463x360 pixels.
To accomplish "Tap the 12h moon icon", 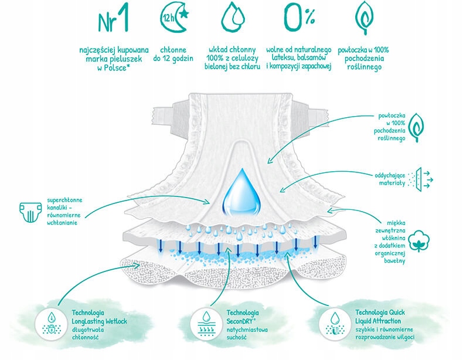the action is (x=174, y=19).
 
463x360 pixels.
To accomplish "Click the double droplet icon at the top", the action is (x=233, y=18).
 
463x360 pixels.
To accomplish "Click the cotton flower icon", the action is (x=418, y=241).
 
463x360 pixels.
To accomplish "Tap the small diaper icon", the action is (x=30, y=212).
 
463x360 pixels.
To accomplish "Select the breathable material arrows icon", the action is (x=420, y=179).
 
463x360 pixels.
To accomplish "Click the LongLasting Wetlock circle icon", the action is (x=52, y=324).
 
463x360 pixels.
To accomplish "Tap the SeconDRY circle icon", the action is (x=206, y=324).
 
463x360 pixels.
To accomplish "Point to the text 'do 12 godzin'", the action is (x=173, y=59).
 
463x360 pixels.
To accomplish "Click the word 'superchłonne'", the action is (x=64, y=201).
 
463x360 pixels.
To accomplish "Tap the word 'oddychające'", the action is (x=390, y=175).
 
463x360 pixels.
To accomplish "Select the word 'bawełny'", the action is (x=394, y=260).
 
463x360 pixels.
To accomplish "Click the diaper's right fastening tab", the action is (x=310, y=114).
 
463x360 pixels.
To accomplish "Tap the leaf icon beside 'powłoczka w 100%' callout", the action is (x=417, y=127).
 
